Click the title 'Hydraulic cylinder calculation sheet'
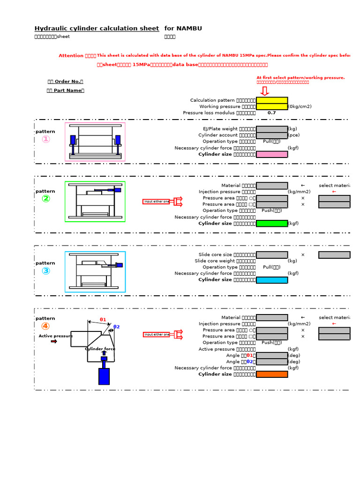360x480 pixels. (x=97, y=29)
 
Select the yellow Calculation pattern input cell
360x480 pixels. (x=272, y=100)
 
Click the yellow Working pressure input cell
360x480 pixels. (x=272, y=106)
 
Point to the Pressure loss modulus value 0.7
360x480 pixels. (x=272, y=113)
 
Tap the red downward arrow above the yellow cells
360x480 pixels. (x=265, y=90)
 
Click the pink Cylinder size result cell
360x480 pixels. (x=272, y=154)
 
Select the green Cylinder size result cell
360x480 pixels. (x=272, y=224)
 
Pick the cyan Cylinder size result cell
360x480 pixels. (x=272, y=280)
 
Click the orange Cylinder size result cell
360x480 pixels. (x=272, y=374)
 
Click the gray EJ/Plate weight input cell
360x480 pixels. (x=272, y=129)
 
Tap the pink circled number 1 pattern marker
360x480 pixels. (x=45, y=139)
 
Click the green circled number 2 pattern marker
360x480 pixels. (x=45, y=199)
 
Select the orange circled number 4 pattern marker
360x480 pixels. (x=45, y=326)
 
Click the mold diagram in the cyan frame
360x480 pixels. (x=95, y=272)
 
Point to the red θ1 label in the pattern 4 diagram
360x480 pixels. (x=103, y=320)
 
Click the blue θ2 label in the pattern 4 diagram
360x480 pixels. (x=117, y=327)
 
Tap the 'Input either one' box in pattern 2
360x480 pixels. (x=156, y=202)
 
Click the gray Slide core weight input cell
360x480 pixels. (x=272, y=261)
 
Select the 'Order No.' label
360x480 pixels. (x=66, y=82)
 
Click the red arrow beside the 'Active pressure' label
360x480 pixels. (x=54, y=342)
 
